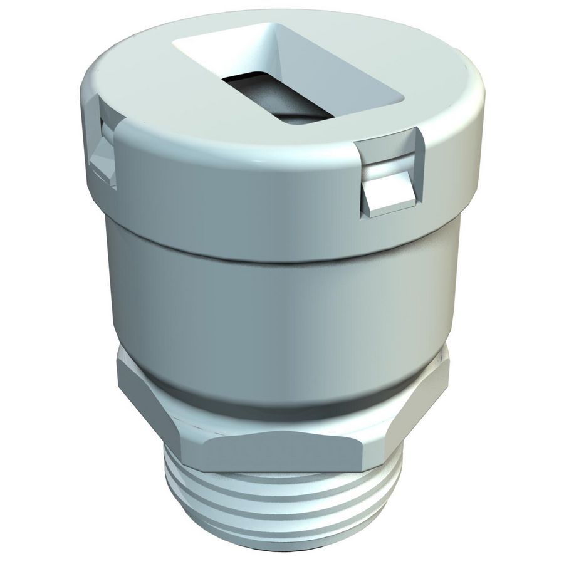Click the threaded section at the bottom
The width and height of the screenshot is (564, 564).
coord(282,501)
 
